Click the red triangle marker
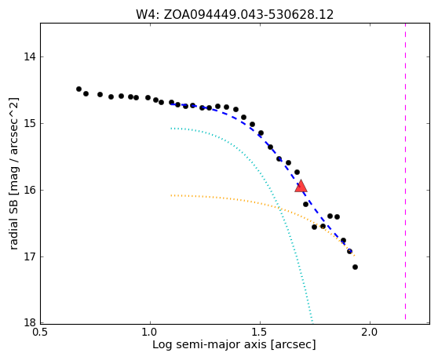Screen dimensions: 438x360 click(x=301, y=187)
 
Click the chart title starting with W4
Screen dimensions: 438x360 click(x=235, y=15)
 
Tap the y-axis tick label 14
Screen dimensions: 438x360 click(x=30, y=57)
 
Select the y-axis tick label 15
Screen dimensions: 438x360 click(x=30, y=123)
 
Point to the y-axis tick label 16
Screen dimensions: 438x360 click(x=30, y=190)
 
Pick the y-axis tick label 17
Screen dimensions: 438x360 click(x=30, y=256)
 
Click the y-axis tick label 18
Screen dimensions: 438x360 click(x=30, y=323)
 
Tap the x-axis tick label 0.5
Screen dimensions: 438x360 click(x=41, y=333)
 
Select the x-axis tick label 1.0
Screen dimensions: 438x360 click(x=150, y=333)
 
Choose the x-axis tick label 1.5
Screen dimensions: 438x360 click(x=260, y=333)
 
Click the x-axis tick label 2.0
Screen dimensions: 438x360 click(x=370, y=333)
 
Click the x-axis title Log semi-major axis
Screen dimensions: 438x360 click(x=210, y=345)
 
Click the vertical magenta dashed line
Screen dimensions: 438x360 click(x=405, y=172)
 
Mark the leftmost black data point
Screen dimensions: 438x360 click(x=78, y=89)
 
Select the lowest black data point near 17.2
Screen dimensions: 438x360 click(x=355, y=267)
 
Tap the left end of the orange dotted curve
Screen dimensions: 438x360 click(x=171, y=195)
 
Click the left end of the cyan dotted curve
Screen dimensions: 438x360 click(x=171, y=129)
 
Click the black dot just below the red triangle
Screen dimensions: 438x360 click(x=305, y=204)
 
